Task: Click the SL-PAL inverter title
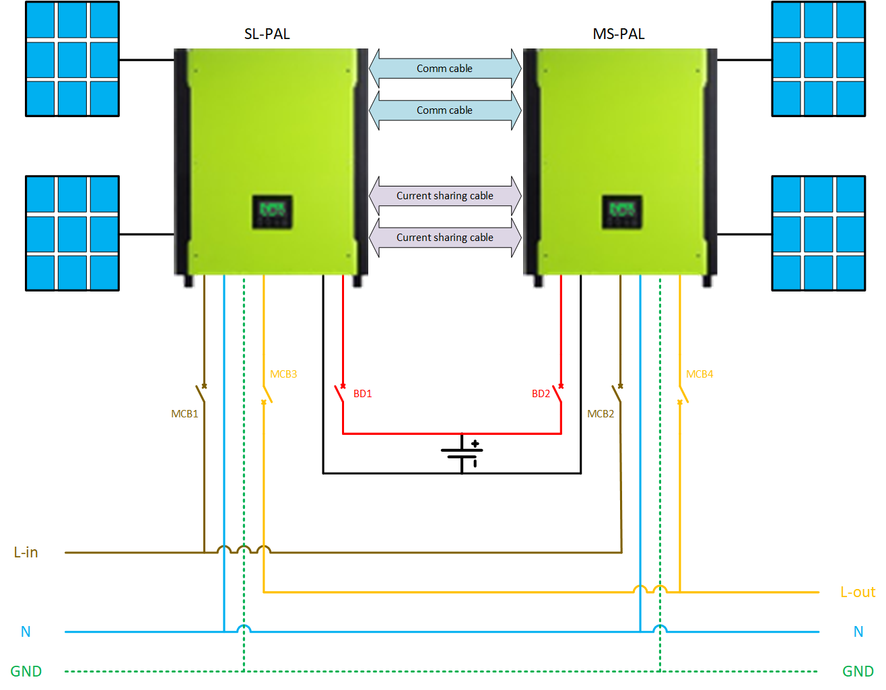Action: pos(267,34)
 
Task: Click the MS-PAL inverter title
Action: pos(618,34)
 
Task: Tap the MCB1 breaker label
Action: pos(184,414)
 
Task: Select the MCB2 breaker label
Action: pos(601,414)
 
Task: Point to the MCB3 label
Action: pos(283,374)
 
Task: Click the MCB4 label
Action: pos(700,374)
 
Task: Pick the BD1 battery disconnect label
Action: pos(362,394)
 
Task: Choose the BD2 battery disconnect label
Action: pos(541,394)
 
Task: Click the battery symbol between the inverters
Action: pos(462,452)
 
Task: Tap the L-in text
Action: pos(26,553)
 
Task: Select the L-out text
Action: pos(857,592)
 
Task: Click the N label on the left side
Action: pos(26,632)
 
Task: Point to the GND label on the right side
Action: pos(857,671)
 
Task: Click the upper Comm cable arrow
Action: pos(445,69)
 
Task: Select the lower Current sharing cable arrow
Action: pos(445,238)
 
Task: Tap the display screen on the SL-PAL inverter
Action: pos(272,212)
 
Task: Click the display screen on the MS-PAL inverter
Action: pos(621,212)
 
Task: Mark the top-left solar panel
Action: pos(72,59)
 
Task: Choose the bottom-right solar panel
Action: pos(818,234)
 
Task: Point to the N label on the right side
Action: pos(858,632)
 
